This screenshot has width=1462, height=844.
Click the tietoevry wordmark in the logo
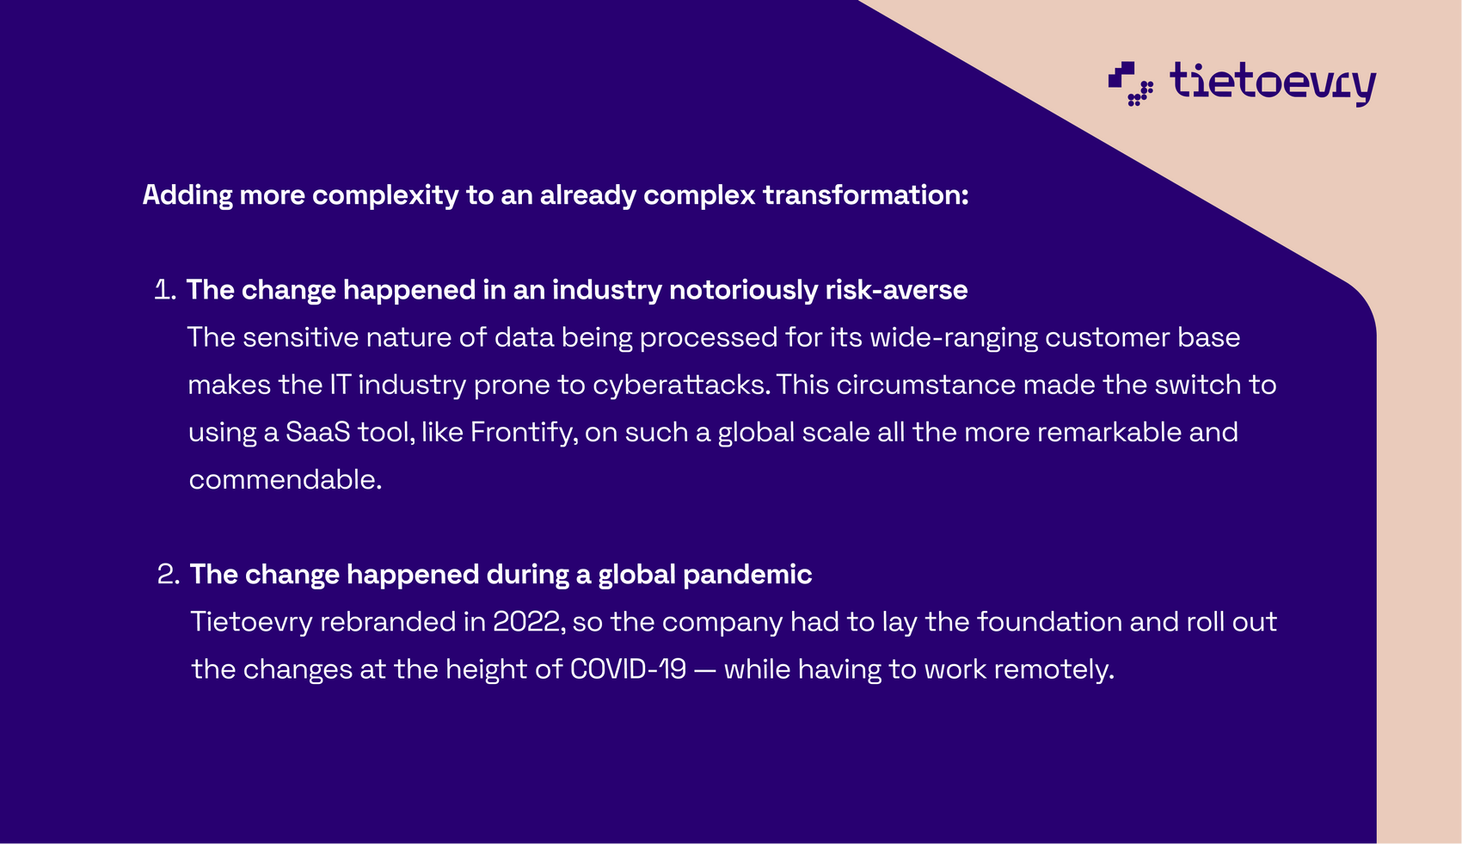(x=1273, y=83)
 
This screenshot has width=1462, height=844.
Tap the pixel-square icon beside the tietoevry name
(x=1130, y=83)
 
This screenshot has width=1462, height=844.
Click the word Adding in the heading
(x=187, y=195)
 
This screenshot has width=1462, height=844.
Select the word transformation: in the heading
(x=866, y=194)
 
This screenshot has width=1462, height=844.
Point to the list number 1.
(x=164, y=290)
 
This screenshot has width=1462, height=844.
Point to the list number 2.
(x=168, y=575)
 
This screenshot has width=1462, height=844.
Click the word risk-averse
(x=896, y=290)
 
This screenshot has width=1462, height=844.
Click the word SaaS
(x=318, y=432)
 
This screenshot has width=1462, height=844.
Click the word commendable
(x=286, y=480)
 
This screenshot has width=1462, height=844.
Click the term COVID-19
(x=628, y=669)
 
